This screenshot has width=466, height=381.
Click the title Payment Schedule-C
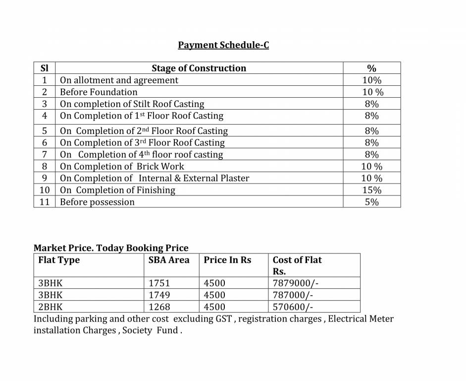point(223,45)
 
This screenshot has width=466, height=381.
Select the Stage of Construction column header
point(199,68)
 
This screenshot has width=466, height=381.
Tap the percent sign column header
point(371,68)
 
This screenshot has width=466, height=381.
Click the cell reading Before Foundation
point(99,92)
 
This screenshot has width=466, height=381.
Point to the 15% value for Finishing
point(372,190)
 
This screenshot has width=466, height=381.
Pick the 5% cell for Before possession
point(372,202)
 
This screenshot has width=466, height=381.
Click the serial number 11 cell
point(45,202)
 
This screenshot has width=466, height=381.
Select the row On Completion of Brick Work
point(122,167)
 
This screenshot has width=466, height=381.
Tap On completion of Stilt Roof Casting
point(132,104)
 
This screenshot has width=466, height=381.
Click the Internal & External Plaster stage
point(155,179)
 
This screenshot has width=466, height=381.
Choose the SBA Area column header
point(169,260)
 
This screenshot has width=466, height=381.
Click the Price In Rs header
point(227,260)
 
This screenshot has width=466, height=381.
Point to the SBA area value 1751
point(159,283)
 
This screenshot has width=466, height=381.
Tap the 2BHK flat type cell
point(51,307)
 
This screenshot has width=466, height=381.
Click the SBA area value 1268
point(159,307)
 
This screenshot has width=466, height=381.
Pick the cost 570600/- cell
point(293,307)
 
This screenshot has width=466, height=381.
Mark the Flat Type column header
point(59,260)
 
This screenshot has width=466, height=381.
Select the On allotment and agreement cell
point(119,80)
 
